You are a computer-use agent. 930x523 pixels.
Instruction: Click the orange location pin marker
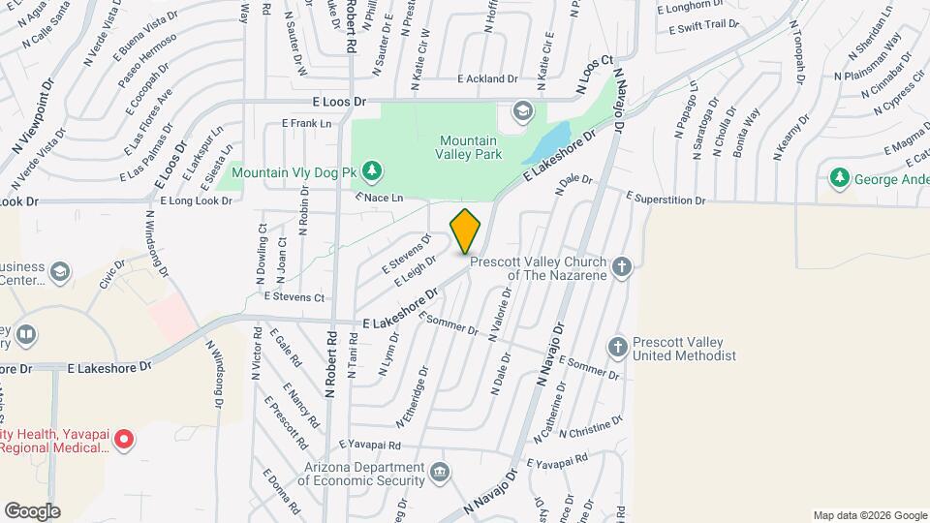point(465,231)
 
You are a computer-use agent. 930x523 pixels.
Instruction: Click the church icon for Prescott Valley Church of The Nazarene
point(621,264)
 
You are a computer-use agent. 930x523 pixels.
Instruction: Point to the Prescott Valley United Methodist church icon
point(617,346)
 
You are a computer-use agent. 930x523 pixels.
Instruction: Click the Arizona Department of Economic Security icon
point(441,473)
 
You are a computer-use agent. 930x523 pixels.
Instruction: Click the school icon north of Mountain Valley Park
point(524,111)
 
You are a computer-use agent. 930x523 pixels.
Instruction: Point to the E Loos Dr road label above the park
point(339,101)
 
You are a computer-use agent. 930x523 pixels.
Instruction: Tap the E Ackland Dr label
point(488,78)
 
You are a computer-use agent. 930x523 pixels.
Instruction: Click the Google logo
point(32,510)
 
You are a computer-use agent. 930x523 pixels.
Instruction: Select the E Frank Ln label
point(306,123)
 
